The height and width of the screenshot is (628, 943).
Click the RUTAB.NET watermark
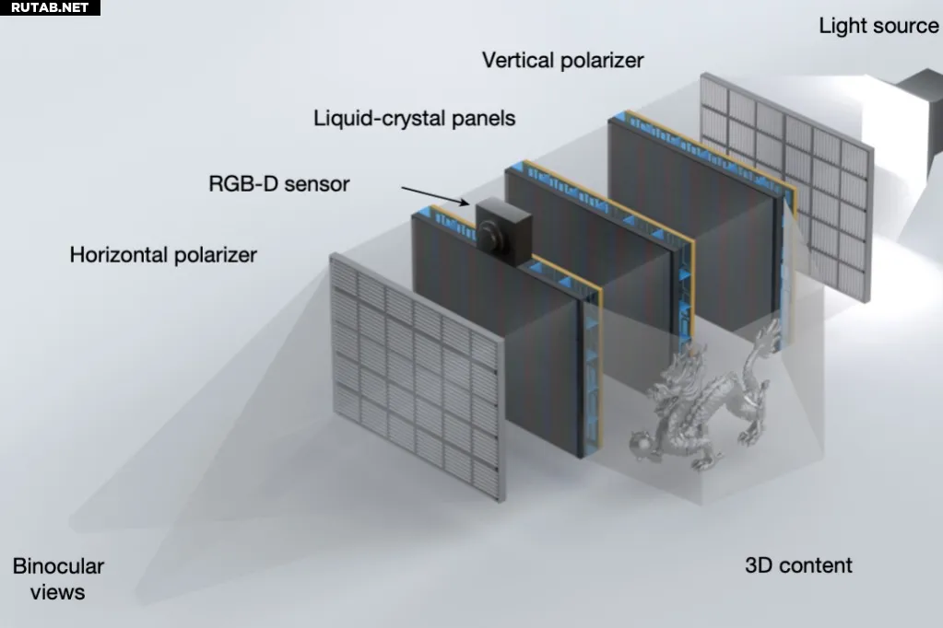pyautogui.click(x=50, y=7)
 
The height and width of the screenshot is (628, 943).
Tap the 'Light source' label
pyautogui.click(x=878, y=26)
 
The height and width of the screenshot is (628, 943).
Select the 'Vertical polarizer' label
pyautogui.click(x=563, y=61)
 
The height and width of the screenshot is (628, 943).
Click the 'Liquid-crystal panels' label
pyautogui.click(x=415, y=119)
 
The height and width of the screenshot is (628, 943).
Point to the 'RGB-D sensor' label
pyautogui.click(x=279, y=184)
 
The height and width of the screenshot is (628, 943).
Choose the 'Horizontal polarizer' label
pyautogui.click(x=163, y=255)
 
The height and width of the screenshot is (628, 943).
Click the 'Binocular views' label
pyautogui.click(x=58, y=578)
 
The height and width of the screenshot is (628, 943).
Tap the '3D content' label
pyautogui.click(x=798, y=565)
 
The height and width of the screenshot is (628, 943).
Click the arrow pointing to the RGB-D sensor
pyautogui.click(x=435, y=196)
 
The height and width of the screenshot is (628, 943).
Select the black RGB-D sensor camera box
pyautogui.click(x=504, y=231)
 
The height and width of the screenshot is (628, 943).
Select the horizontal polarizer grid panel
pyautogui.click(x=417, y=377)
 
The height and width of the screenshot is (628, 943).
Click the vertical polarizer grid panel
pyautogui.click(x=786, y=187)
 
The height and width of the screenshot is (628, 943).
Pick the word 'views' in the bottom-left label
pyautogui.click(x=58, y=592)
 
